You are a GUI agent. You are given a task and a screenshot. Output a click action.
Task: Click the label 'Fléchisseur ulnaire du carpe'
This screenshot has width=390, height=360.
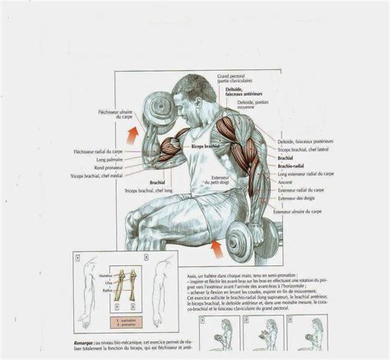click(x=112, y=112)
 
